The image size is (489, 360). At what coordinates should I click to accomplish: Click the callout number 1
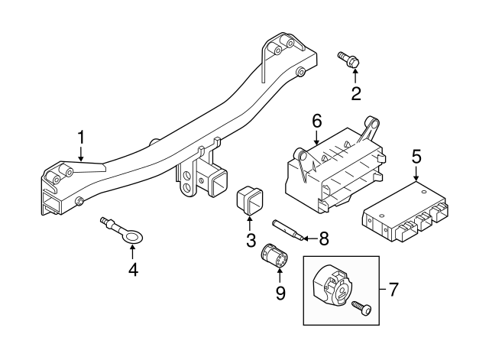tap(81, 138)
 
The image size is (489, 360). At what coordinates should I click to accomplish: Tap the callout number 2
tap(355, 94)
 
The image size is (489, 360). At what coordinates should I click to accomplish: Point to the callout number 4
tap(132, 271)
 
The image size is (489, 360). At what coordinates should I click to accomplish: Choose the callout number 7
tap(394, 290)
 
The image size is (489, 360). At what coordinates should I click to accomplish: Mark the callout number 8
tap(323, 238)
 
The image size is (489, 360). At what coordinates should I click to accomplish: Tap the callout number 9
tap(280, 293)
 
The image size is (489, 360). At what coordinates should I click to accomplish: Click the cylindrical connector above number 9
tap(274, 255)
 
